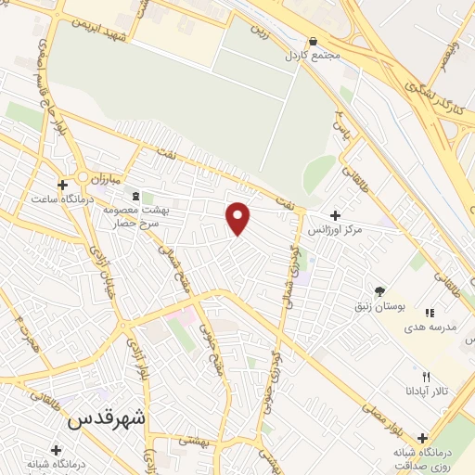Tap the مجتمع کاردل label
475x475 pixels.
(x=314, y=56)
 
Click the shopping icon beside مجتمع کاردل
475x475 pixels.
(x=314, y=42)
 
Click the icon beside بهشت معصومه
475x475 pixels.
(x=137, y=196)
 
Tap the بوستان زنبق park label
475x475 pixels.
(x=379, y=305)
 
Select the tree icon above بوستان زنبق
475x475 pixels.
(x=379, y=290)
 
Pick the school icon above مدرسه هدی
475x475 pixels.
(x=429, y=314)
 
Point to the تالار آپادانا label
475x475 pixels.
(x=427, y=392)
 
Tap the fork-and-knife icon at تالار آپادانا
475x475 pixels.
(x=426, y=377)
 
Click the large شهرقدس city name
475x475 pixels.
(x=108, y=417)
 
